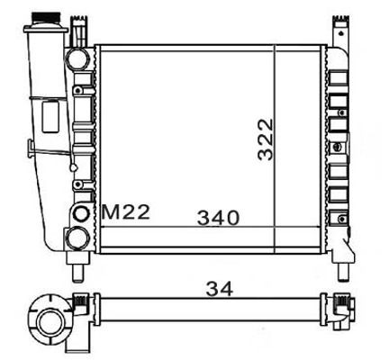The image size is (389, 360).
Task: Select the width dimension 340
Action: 218,217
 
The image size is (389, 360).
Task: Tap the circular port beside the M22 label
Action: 82,213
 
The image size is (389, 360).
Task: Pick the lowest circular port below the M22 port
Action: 78,238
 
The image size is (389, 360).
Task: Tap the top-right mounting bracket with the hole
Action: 343,27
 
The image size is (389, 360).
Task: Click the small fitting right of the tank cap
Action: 80,31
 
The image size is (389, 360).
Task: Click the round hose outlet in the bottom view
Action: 47,319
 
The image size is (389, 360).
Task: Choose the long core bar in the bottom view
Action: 207,309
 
